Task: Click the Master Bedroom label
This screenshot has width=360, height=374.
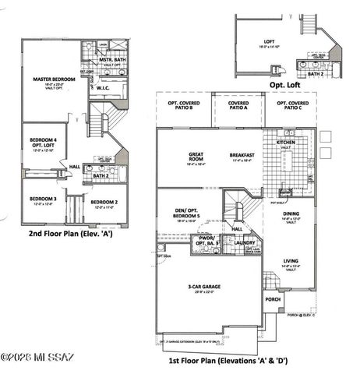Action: point(48,79)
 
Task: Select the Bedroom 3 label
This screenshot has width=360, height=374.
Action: point(44,199)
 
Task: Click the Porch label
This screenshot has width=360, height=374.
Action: point(272,298)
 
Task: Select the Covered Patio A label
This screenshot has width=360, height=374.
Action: point(238,104)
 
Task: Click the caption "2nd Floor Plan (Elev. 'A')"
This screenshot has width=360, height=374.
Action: point(69,233)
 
